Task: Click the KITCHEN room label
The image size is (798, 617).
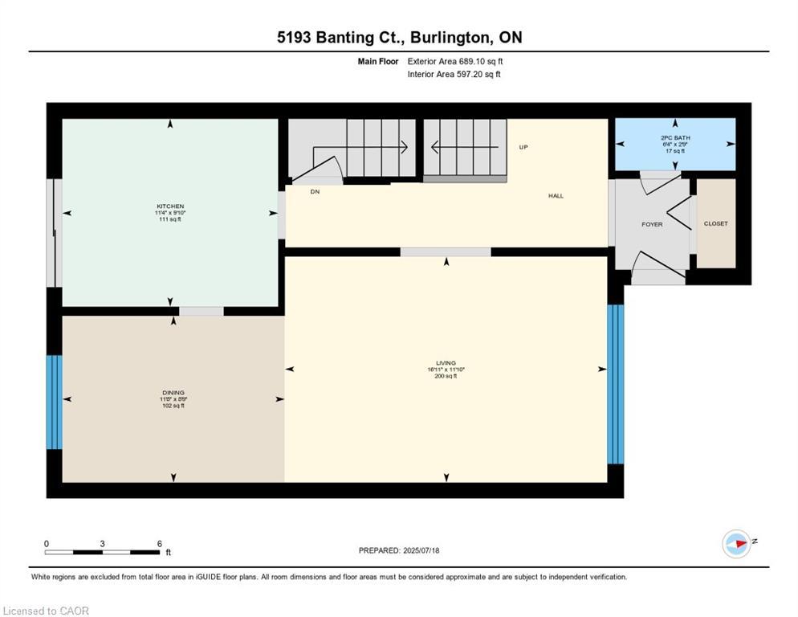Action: [170, 206]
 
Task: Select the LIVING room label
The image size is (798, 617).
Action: [446, 363]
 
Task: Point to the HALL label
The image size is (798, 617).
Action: [556, 196]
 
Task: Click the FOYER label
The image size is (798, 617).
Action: [652, 224]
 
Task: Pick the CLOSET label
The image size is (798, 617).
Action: [715, 223]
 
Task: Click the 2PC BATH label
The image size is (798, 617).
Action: [674, 138]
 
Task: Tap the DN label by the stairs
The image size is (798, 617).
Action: [315, 192]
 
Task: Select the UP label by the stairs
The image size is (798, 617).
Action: [523, 147]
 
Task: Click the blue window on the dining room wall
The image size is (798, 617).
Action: [54, 402]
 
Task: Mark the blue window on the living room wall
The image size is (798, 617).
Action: [615, 384]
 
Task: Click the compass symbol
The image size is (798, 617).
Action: [736, 544]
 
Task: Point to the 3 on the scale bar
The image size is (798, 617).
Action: [102, 543]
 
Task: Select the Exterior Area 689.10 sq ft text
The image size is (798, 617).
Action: [455, 61]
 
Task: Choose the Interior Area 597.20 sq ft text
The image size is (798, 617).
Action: [454, 75]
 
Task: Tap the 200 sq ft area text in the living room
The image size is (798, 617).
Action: [446, 375]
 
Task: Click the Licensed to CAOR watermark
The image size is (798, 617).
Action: [46, 611]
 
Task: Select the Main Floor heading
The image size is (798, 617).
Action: [378, 61]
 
